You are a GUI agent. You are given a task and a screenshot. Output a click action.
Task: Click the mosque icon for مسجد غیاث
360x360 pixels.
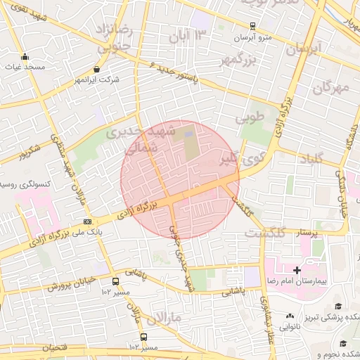26,58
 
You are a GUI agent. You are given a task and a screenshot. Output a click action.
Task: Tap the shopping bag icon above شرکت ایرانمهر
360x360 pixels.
98,70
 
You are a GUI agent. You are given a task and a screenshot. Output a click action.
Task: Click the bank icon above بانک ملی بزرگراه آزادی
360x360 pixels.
86,221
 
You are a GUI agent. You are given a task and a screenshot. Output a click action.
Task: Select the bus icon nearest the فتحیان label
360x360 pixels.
144,337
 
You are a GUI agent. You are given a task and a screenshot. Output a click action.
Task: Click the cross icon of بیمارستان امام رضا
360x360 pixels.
297,270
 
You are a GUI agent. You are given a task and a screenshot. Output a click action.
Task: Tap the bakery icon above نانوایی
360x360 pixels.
290,316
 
